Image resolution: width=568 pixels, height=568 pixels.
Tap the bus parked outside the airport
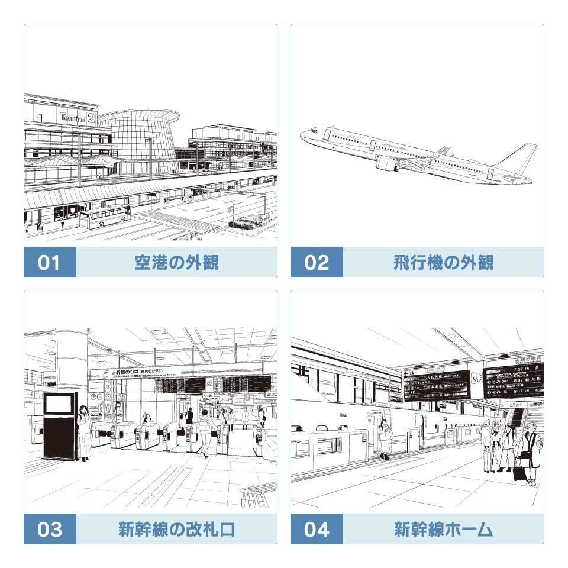point(104,217)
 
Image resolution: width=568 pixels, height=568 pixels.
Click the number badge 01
point(50,262)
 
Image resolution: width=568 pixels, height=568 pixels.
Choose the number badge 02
point(317,262)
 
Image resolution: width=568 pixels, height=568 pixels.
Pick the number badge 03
point(50,529)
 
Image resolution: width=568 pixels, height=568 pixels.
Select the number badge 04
point(317,529)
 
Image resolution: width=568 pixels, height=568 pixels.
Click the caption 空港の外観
point(176,262)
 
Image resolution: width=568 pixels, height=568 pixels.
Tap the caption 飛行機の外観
point(443,262)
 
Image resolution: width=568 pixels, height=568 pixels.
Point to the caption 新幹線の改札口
point(176,529)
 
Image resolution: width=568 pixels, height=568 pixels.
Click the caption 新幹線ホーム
point(443,529)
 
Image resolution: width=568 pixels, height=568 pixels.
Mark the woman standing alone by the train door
point(385,438)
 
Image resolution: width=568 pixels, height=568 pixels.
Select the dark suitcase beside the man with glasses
point(519,472)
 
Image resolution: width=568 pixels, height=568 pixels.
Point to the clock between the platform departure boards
point(477,377)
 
